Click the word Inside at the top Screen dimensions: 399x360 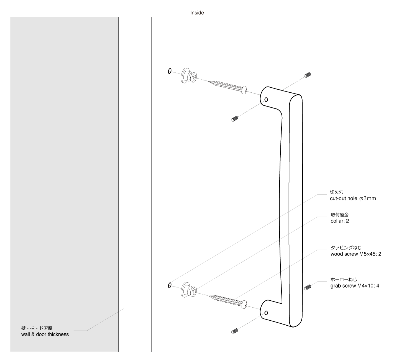point(197,13)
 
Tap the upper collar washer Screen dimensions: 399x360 point(189,75)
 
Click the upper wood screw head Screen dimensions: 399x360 point(244,90)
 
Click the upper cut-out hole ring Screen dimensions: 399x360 point(170,71)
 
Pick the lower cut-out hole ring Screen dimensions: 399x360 point(170,285)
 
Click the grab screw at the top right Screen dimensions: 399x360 point(308,75)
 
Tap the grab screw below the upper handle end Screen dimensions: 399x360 point(235,119)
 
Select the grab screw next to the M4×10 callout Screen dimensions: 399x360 point(308,287)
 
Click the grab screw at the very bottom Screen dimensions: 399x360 point(235,331)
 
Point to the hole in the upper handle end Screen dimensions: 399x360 point(266,100)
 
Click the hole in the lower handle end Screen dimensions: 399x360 point(266,313)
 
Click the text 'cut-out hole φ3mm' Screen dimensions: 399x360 point(353,199)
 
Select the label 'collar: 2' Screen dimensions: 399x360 point(340,221)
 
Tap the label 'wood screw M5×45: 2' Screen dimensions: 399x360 point(356,254)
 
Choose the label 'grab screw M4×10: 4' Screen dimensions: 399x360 point(355,286)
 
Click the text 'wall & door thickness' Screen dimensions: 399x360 point(45,334)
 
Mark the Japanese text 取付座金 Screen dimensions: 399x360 point(339,215)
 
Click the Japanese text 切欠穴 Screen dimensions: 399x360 point(337,192)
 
